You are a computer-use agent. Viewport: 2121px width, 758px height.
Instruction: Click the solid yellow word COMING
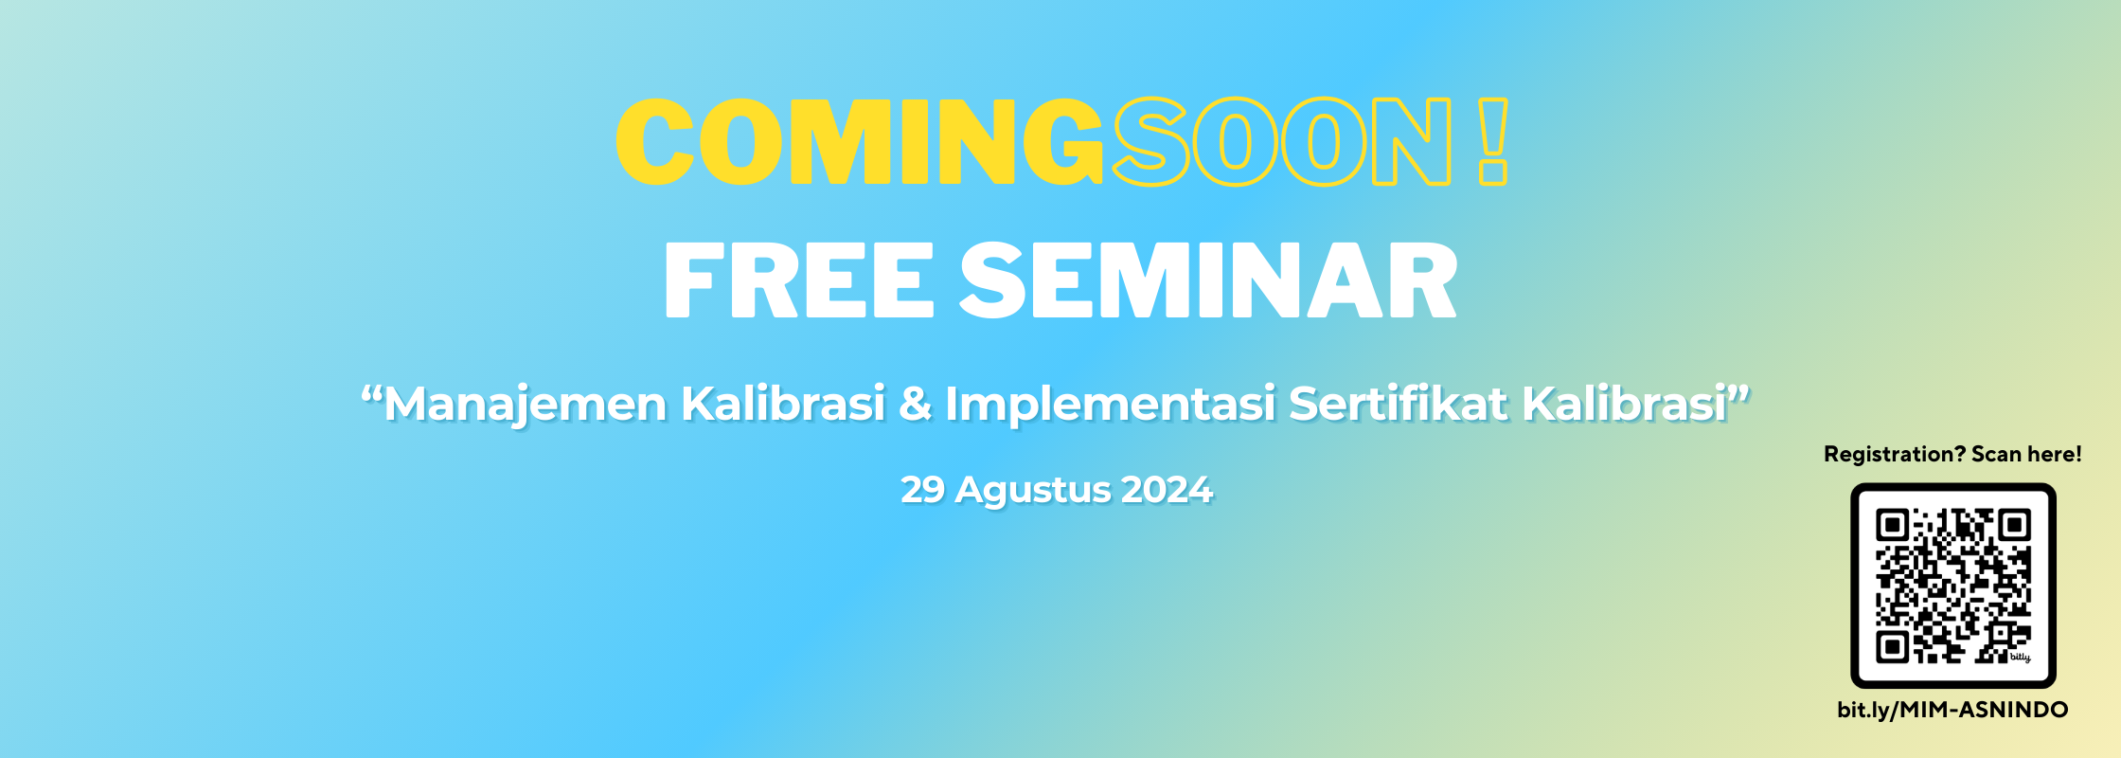tap(860, 142)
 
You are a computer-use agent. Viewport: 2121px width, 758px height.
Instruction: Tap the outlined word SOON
tap(1281, 142)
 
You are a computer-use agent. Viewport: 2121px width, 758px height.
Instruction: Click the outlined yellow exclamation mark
tap(1492, 141)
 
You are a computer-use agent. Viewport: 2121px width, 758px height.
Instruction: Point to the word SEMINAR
tap(1209, 280)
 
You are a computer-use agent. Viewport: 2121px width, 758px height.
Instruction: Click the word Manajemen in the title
tap(526, 405)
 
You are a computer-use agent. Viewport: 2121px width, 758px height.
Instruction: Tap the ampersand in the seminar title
tap(915, 404)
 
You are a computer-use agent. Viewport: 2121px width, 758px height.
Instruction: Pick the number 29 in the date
tap(922, 490)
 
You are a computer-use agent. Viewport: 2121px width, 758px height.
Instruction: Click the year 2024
tap(1167, 490)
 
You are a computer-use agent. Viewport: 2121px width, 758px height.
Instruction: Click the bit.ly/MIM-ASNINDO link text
tap(1952, 710)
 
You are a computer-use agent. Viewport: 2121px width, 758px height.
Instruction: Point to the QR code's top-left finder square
tap(1893, 525)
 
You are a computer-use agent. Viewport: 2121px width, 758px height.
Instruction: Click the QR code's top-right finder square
tap(2015, 525)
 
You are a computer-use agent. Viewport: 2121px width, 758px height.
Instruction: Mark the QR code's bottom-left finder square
tap(1893, 647)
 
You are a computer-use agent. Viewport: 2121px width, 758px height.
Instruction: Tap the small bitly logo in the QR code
tap(2020, 657)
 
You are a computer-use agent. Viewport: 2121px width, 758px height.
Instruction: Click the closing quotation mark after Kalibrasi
tap(1739, 391)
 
